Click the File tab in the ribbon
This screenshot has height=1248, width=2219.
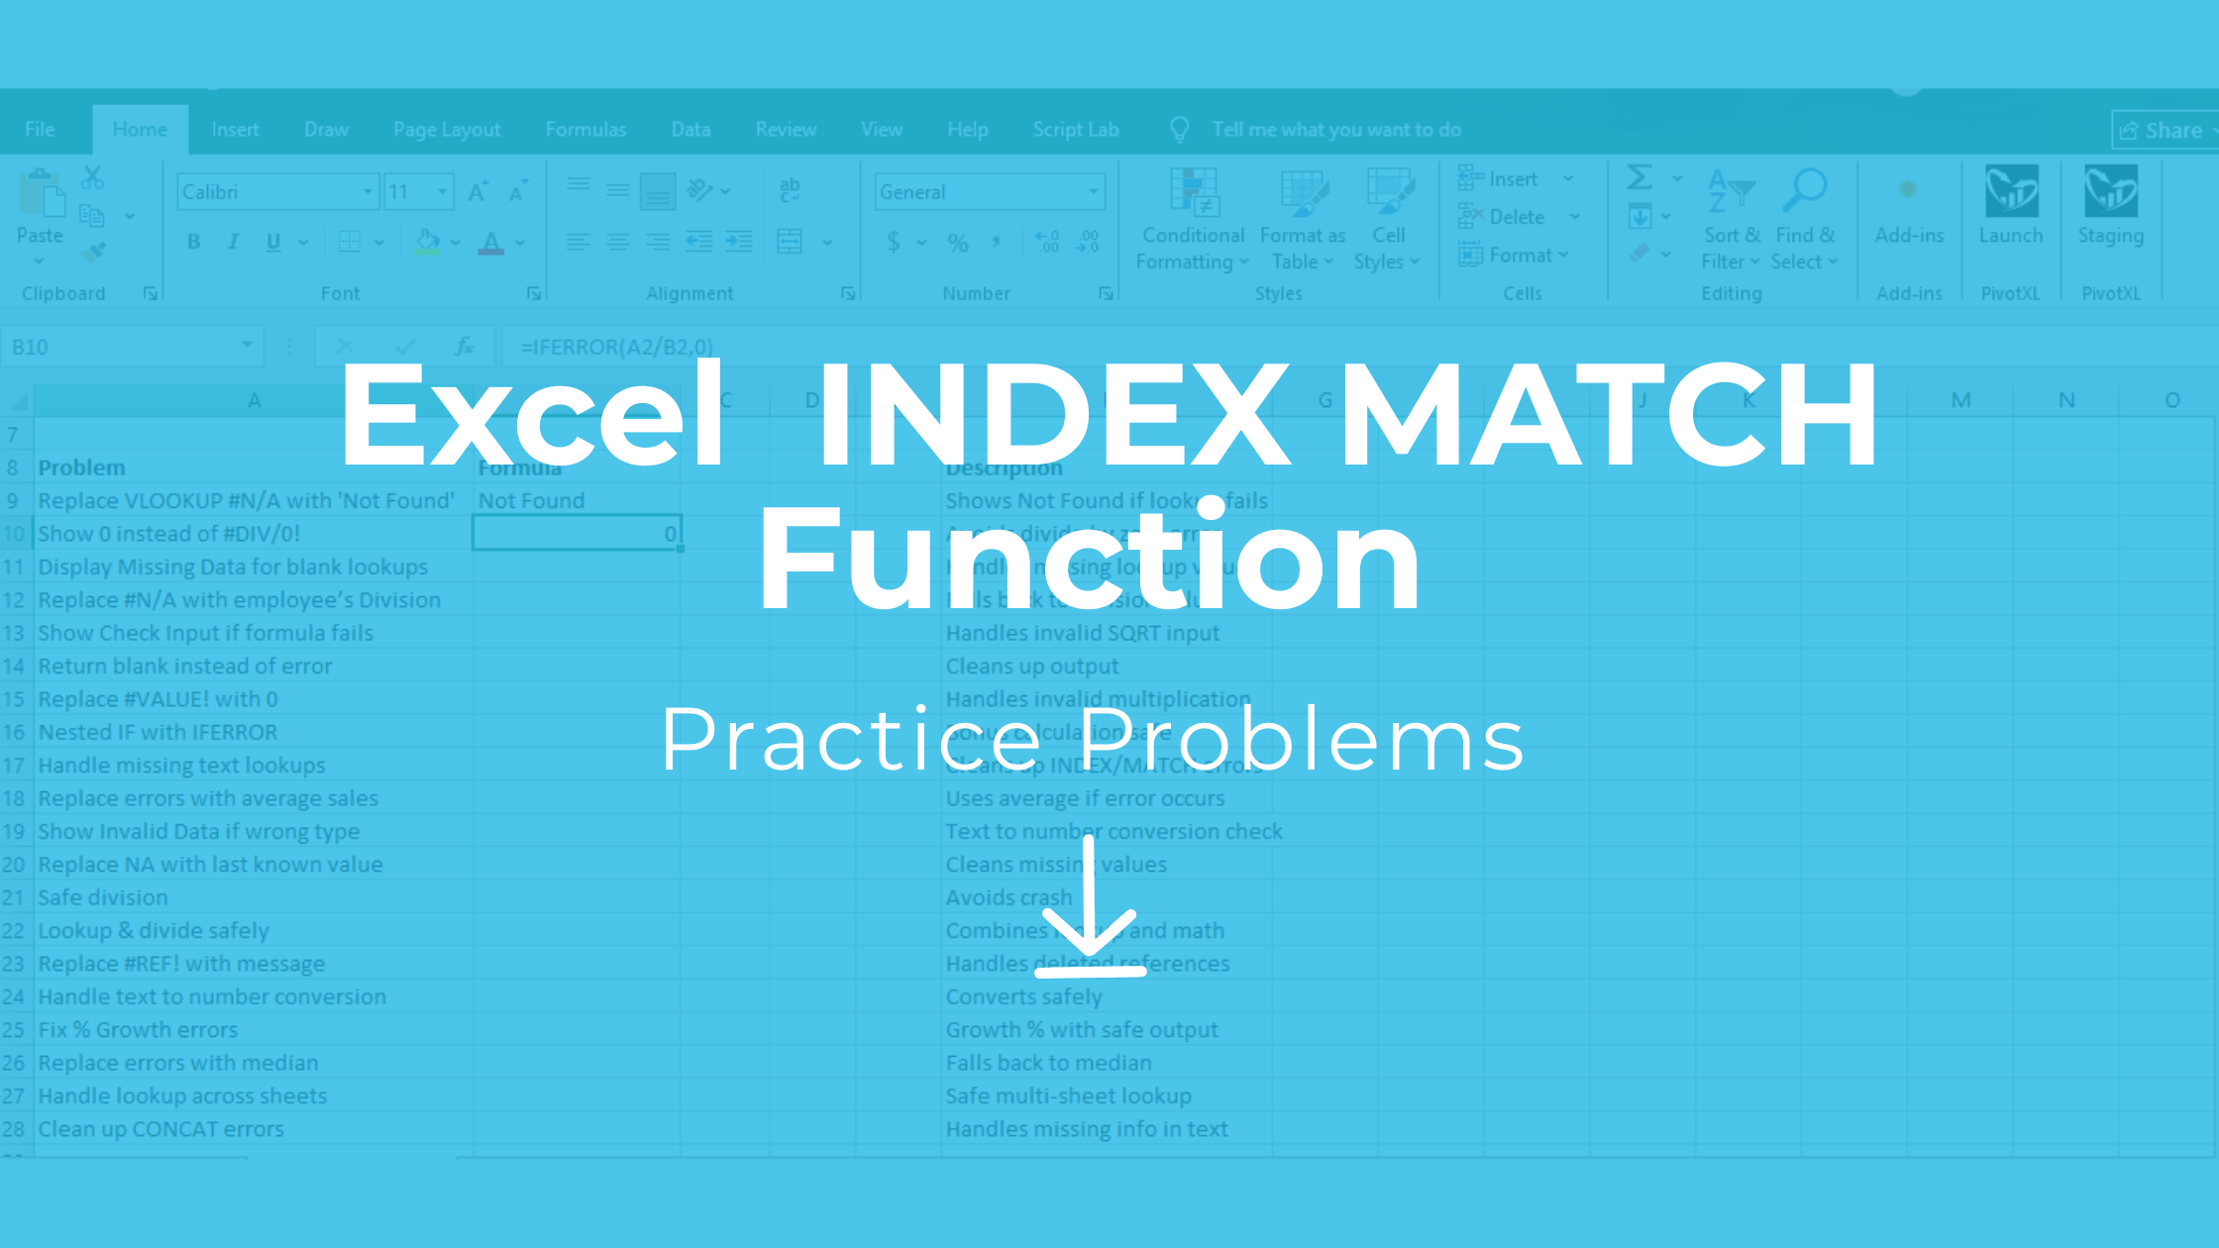click(40, 130)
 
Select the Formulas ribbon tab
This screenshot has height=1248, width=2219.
click(585, 130)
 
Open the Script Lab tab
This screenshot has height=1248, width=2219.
click(1075, 130)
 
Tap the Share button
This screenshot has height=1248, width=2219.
click(2163, 131)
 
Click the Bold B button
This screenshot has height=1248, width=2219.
click(194, 242)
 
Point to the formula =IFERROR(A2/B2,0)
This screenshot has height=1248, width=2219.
click(617, 347)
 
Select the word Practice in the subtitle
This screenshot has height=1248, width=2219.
click(851, 739)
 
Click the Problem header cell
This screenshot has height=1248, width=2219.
click(82, 468)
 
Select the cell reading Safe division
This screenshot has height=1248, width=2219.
click(103, 897)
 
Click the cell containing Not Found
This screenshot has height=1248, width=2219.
click(532, 501)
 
